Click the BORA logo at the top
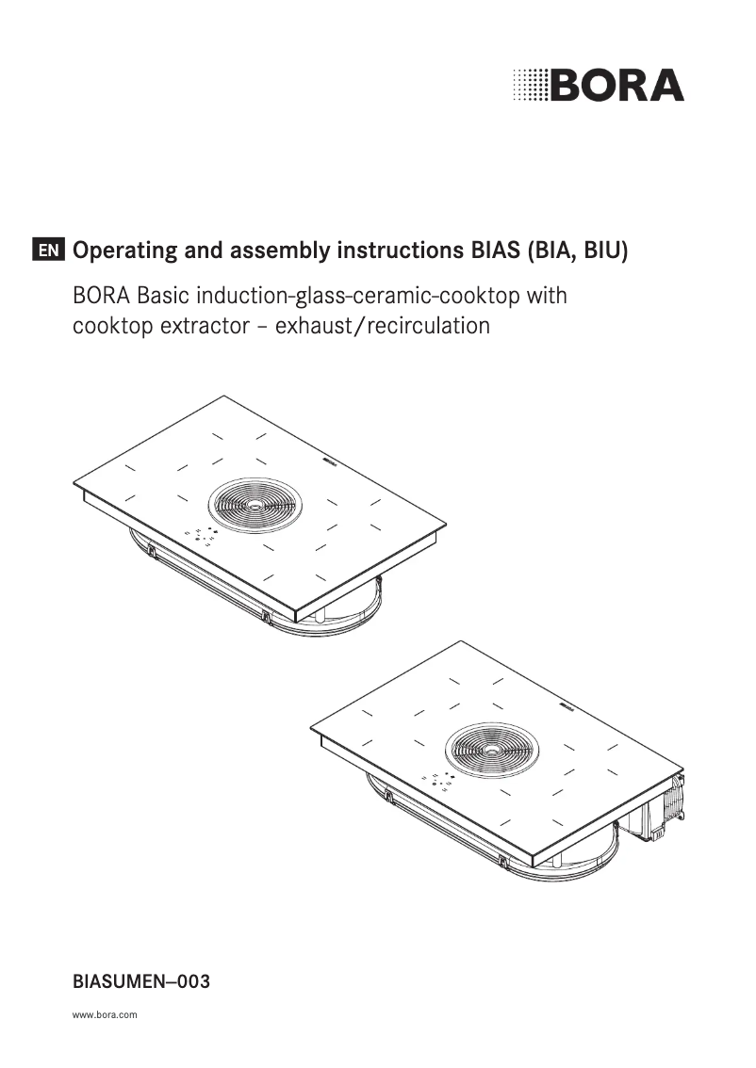point(599,85)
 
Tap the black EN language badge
point(48,251)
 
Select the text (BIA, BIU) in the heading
point(577,251)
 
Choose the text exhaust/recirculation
point(383,326)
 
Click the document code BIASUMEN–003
point(141,981)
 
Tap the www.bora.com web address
point(105,1014)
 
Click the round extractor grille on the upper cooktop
point(255,505)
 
